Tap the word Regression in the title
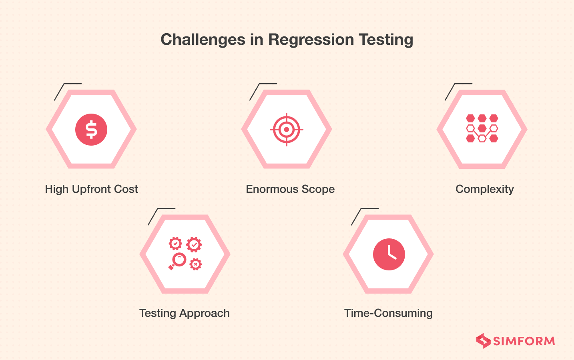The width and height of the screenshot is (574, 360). tap(311, 40)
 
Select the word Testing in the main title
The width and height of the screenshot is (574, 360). tap(386, 40)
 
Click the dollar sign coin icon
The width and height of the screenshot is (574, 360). tap(91, 130)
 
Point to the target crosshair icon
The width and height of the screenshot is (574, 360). tap(287, 130)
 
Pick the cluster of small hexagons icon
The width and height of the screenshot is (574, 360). tap(482, 128)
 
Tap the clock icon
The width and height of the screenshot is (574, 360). tap(389, 254)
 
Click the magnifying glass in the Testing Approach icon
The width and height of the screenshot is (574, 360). tap(177, 261)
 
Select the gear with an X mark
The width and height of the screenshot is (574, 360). tap(195, 264)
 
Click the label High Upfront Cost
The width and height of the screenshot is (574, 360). tap(91, 189)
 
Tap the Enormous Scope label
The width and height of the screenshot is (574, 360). tap(290, 189)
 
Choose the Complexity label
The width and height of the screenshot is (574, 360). tap(484, 189)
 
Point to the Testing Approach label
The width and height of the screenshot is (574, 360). tap(184, 313)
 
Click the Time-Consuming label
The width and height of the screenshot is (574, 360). tap(388, 313)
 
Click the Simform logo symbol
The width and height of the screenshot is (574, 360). tap(483, 341)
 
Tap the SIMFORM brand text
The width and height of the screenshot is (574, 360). tap(524, 341)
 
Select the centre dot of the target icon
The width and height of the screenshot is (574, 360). tap(287, 130)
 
